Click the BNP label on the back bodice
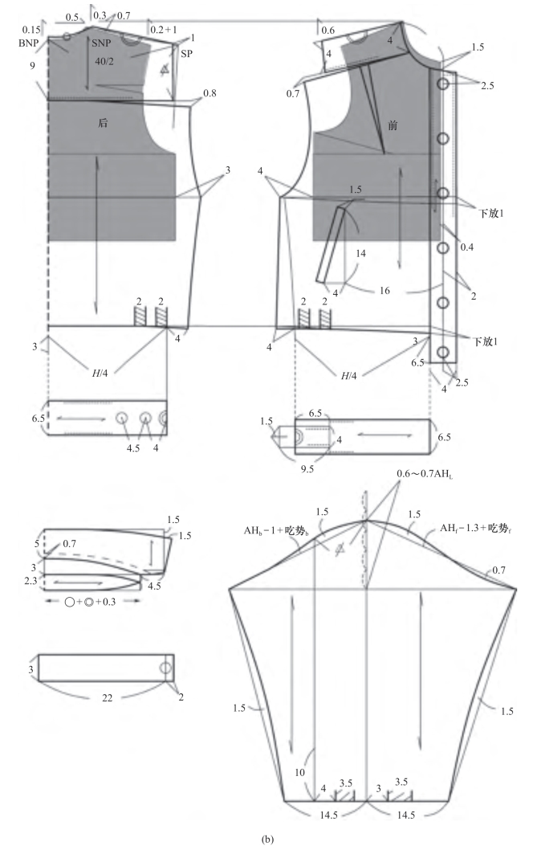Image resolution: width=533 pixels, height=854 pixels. click(28, 43)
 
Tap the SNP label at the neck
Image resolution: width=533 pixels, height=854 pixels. click(100, 43)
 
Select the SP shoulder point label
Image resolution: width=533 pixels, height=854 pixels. click(186, 54)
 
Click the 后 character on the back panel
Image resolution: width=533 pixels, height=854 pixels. click(103, 123)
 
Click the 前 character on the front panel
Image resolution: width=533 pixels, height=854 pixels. click(393, 125)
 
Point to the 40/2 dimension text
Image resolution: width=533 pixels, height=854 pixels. click(104, 62)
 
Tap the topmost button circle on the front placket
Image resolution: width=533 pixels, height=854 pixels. click(442, 84)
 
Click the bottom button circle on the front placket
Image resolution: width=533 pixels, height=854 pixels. click(443, 352)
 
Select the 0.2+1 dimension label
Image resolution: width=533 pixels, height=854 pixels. click(163, 30)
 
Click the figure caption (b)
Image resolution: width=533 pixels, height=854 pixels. click(267, 840)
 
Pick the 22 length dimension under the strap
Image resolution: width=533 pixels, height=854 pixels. click(108, 697)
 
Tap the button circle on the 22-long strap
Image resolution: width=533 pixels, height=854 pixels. click(165, 668)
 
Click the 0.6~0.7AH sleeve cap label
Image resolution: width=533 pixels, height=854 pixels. click(424, 474)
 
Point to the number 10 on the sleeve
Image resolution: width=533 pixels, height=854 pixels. click(300, 772)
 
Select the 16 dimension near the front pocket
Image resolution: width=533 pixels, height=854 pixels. click(384, 291)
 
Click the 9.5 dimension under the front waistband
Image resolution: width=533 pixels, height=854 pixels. click(307, 469)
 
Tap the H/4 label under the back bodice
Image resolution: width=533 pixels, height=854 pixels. click(99, 373)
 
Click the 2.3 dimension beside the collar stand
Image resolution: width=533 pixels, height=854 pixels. click(31, 581)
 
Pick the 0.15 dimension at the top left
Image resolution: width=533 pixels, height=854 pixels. click(31, 30)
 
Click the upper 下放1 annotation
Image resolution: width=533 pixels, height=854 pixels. click(491, 214)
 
